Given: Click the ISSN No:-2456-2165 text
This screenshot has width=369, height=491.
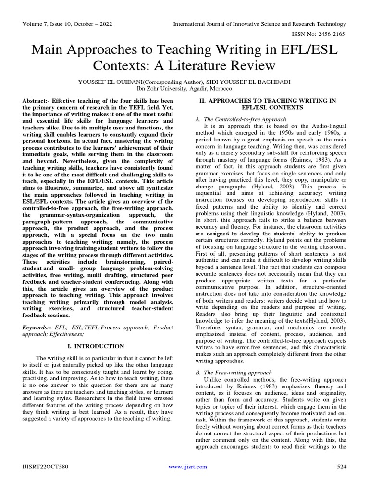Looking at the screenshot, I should [x=320, y=34].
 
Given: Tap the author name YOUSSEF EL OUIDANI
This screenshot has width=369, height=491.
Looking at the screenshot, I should [x=114, y=82].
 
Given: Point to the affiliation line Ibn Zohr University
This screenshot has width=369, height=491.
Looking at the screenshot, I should [x=184, y=89].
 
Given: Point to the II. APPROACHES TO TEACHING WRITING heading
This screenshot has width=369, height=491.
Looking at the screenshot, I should [x=268, y=101].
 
